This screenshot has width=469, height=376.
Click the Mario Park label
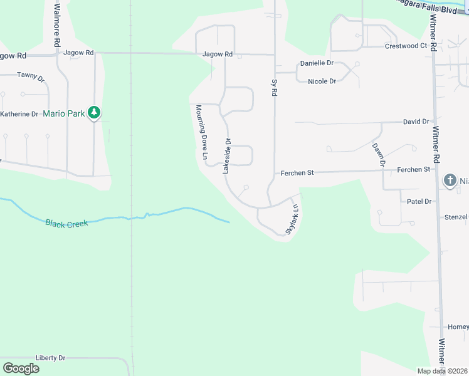63,113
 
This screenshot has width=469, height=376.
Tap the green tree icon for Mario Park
94,113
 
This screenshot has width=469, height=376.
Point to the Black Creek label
66,222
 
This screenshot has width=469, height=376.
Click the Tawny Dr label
31,76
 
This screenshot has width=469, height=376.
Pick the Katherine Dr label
19,114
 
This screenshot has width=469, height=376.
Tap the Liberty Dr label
50,358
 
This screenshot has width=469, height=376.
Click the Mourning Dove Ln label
203,131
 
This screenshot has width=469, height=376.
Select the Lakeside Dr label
227,155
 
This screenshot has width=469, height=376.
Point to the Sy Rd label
274,86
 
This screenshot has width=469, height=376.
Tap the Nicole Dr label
322,81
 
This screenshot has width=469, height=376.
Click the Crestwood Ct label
406,46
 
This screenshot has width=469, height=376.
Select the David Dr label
416,122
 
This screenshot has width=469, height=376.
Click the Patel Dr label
419,201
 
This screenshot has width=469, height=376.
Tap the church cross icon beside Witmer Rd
450,180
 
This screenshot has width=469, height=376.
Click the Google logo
21,368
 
